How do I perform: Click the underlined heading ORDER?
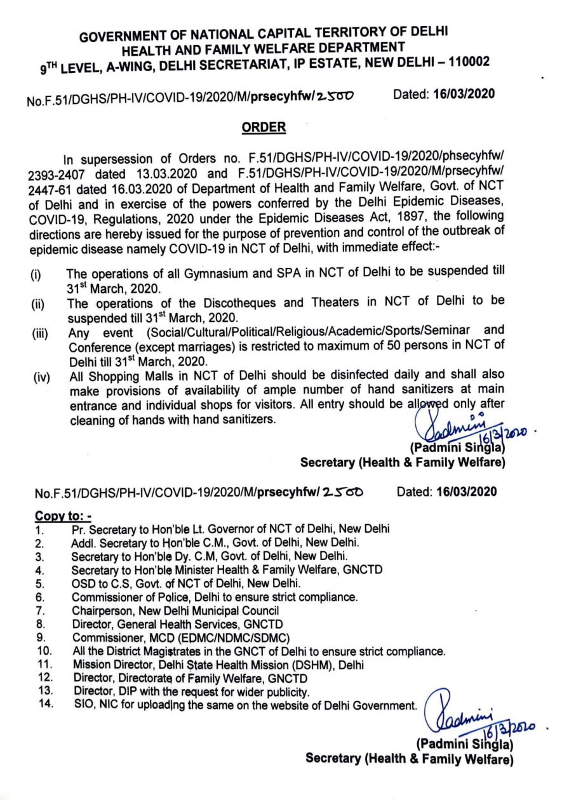tap(264, 128)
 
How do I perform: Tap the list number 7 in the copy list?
tap(39, 611)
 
